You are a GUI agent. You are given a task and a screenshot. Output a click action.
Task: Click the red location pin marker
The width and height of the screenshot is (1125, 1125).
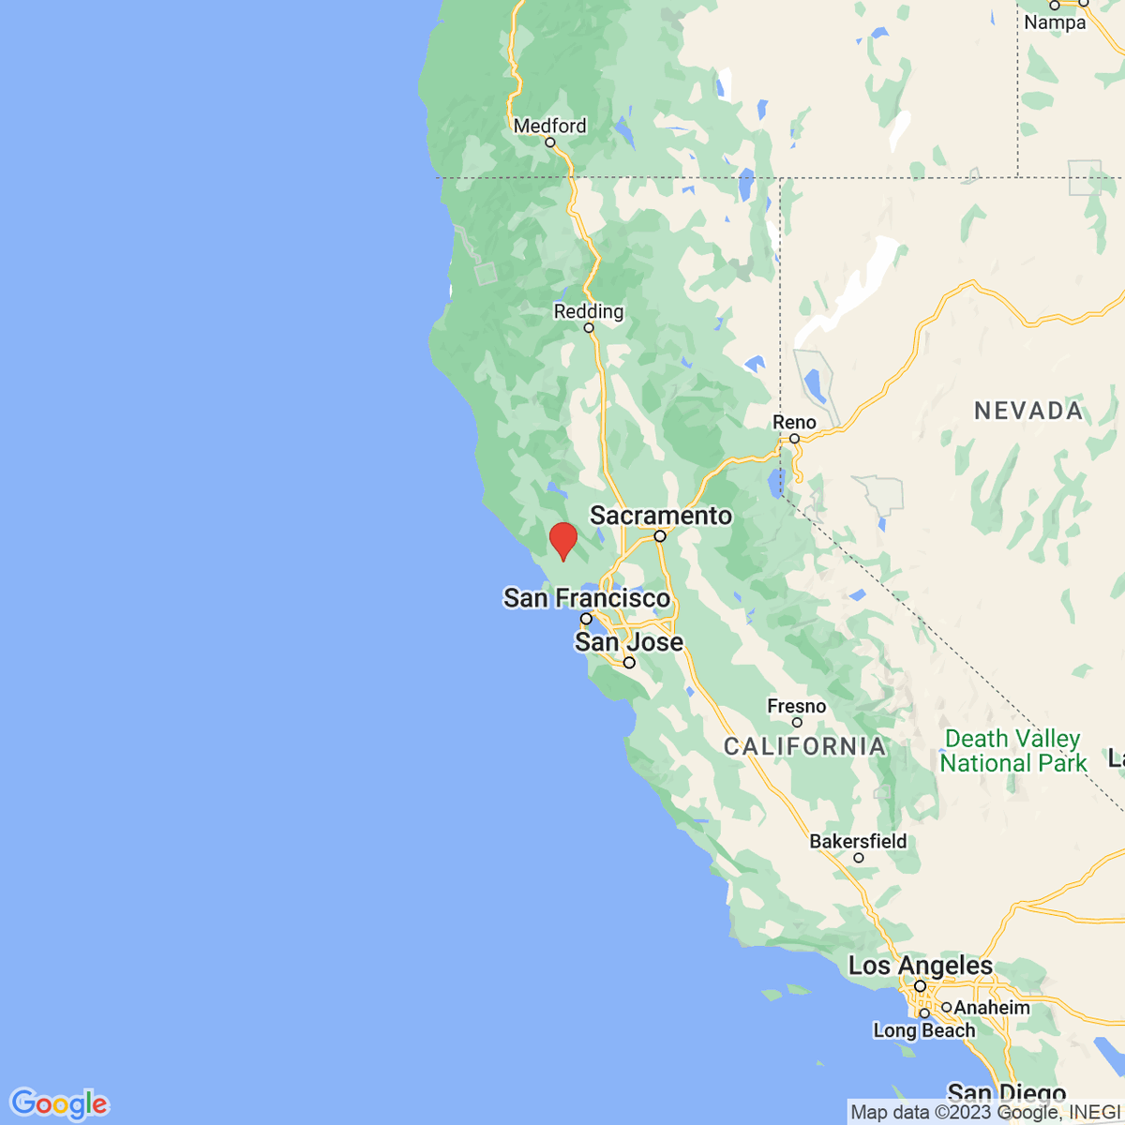coord(562,540)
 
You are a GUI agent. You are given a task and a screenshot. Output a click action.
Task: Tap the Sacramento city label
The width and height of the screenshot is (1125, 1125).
coord(661,516)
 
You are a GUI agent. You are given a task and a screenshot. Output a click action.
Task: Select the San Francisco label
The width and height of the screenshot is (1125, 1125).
coord(587,598)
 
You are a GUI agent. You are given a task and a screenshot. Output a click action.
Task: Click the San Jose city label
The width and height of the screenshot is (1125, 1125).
coord(629,642)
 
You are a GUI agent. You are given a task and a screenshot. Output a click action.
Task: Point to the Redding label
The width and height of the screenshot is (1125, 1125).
coord(589,311)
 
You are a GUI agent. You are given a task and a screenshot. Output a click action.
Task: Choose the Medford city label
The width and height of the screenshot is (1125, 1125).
coord(550,126)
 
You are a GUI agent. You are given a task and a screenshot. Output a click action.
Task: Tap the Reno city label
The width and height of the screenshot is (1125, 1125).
coord(794,422)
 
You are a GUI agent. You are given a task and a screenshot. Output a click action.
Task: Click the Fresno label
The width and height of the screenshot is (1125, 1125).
coord(797,706)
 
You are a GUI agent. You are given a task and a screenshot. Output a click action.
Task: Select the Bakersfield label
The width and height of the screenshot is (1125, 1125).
coord(858,841)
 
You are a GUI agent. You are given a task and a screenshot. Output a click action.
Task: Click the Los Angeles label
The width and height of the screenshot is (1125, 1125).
coord(920,966)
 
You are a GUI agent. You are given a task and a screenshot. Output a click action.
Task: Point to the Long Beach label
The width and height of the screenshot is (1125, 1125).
coord(924,1030)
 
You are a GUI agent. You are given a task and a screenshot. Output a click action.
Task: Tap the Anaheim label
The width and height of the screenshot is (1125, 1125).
coord(992,1008)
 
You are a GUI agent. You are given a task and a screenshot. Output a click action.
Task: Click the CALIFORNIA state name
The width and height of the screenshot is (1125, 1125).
coord(805,746)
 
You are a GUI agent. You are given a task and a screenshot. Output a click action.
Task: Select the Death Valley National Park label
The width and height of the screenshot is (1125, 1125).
coord(1012,751)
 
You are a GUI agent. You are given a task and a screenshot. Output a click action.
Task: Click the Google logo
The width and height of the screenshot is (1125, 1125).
coord(59,1103)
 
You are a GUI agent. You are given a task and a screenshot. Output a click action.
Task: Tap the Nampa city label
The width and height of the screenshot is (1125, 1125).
coord(1055,22)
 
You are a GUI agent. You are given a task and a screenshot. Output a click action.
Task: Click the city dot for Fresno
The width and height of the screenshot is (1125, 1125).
coord(797,722)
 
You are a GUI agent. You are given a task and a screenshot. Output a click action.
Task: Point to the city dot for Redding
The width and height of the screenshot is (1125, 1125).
coord(589,327)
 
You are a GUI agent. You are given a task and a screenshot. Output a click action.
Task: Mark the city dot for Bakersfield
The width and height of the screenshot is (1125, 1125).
coord(858,857)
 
